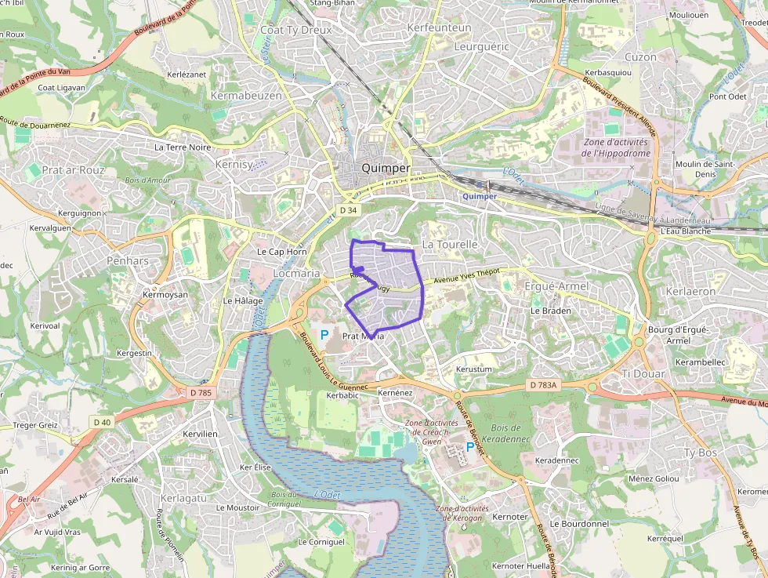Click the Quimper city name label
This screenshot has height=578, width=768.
386,169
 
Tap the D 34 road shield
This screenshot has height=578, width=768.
349,210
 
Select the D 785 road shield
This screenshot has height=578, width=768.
201,392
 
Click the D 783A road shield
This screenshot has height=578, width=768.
542,385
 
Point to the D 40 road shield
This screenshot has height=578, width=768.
103,422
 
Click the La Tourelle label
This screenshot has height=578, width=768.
450,245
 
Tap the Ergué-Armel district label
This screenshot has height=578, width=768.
556,286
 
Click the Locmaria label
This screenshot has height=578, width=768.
296,274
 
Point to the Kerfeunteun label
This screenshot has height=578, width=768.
440,27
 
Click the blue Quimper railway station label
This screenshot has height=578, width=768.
480,196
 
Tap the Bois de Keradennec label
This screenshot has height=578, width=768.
511,434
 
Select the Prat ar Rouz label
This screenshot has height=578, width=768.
74,169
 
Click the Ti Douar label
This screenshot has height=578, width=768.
643,374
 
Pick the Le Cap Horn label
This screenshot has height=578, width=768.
282,252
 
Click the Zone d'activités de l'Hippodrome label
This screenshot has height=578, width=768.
616,147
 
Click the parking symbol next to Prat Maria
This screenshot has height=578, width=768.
324,335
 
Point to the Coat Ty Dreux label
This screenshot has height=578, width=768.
295,31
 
